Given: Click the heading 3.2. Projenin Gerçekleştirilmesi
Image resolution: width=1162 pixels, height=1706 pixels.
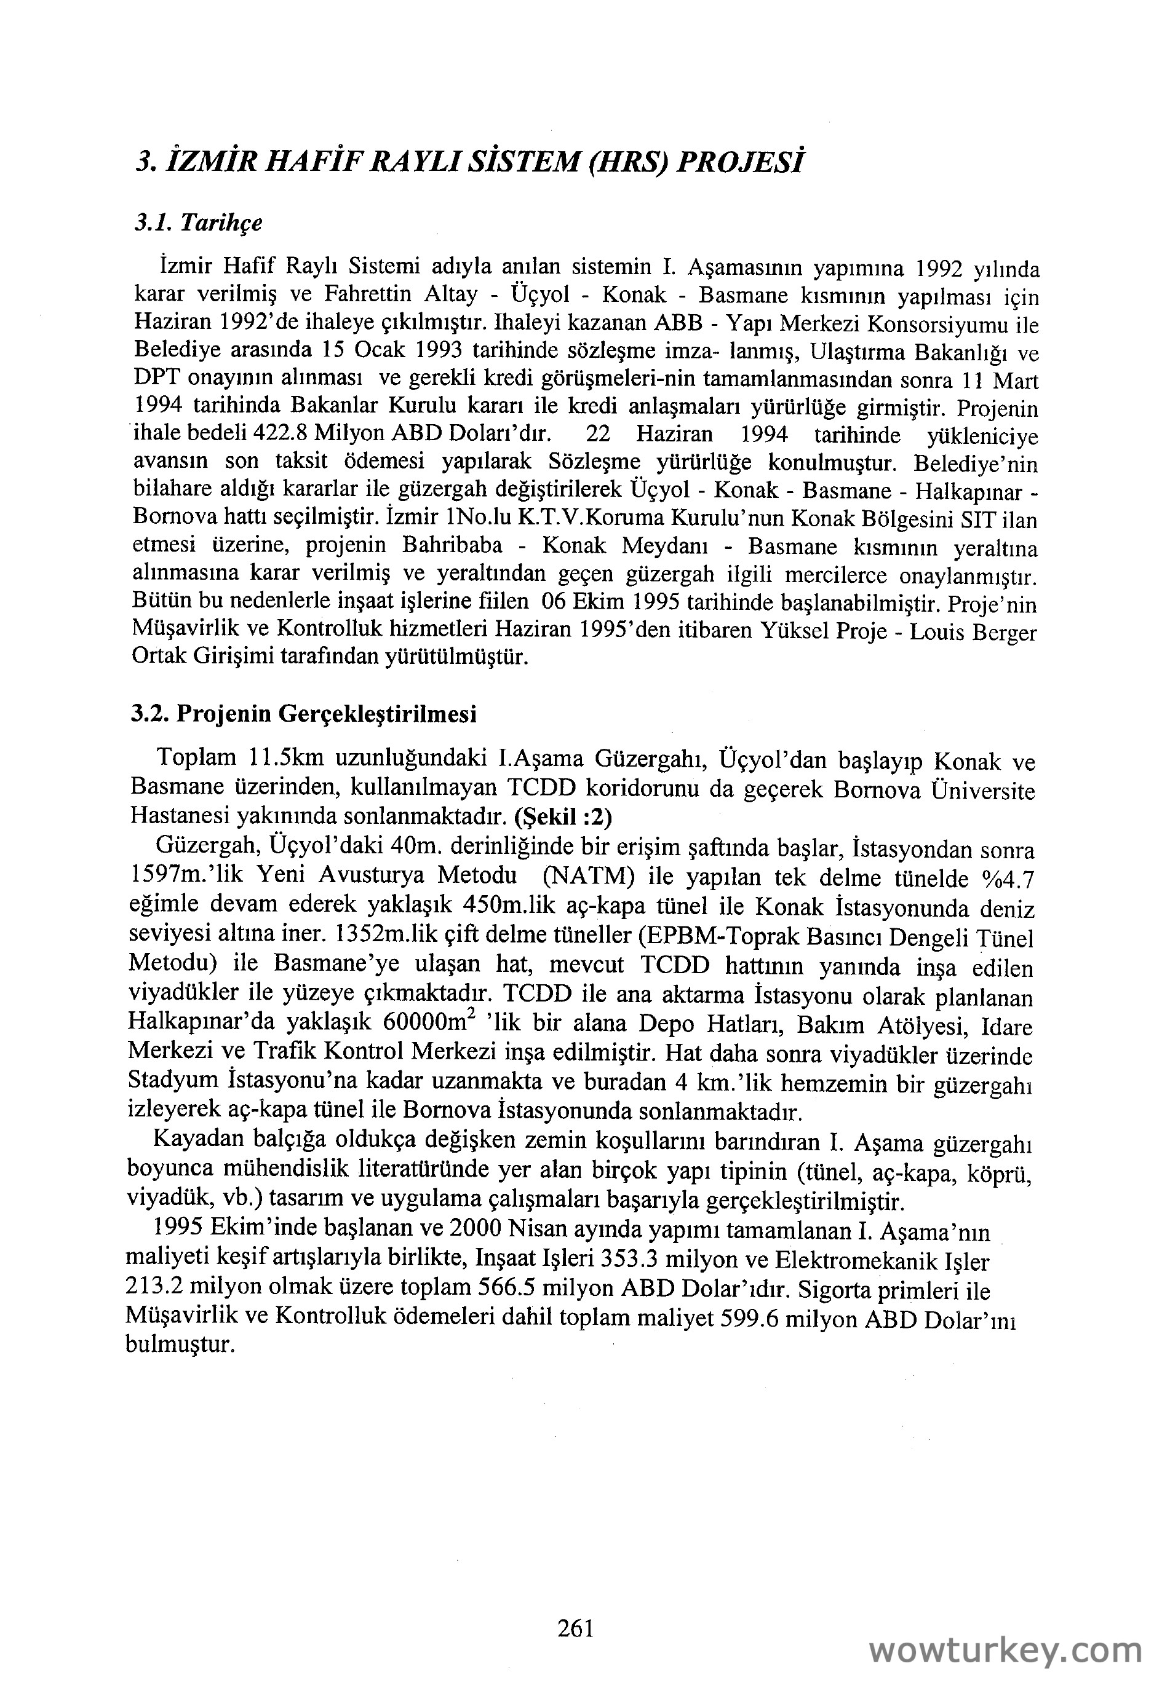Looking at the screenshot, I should (303, 714).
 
